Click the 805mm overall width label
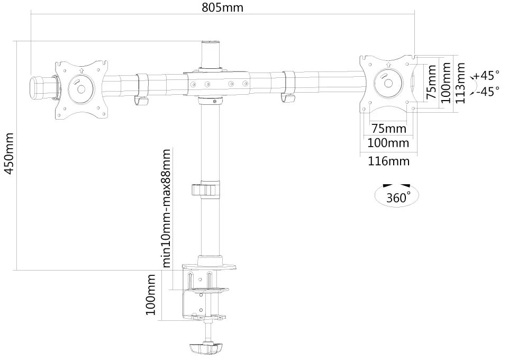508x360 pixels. click(x=222, y=7)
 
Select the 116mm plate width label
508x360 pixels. click(x=388, y=161)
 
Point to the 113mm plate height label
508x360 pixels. click(x=460, y=83)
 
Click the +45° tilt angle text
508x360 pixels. click(x=487, y=76)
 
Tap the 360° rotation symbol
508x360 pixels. click(x=397, y=196)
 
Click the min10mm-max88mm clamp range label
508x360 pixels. click(x=166, y=208)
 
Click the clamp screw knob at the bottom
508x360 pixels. click(x=206, y=349)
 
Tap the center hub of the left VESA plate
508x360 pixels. click(x=81, y=89)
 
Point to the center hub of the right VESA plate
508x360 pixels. click(x=388, y=83)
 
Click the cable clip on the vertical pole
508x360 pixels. click(x=206, y=190)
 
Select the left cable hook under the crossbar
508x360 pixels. click(x=142, y=88)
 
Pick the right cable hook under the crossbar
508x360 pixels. click(x=288, y=86)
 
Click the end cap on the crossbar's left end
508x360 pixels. click(x=39, y=87)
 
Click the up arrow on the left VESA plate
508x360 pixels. click(x=81, y=70)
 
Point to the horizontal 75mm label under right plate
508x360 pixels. click(x=389, y=128)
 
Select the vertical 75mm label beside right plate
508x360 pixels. click(x=431, y=82)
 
